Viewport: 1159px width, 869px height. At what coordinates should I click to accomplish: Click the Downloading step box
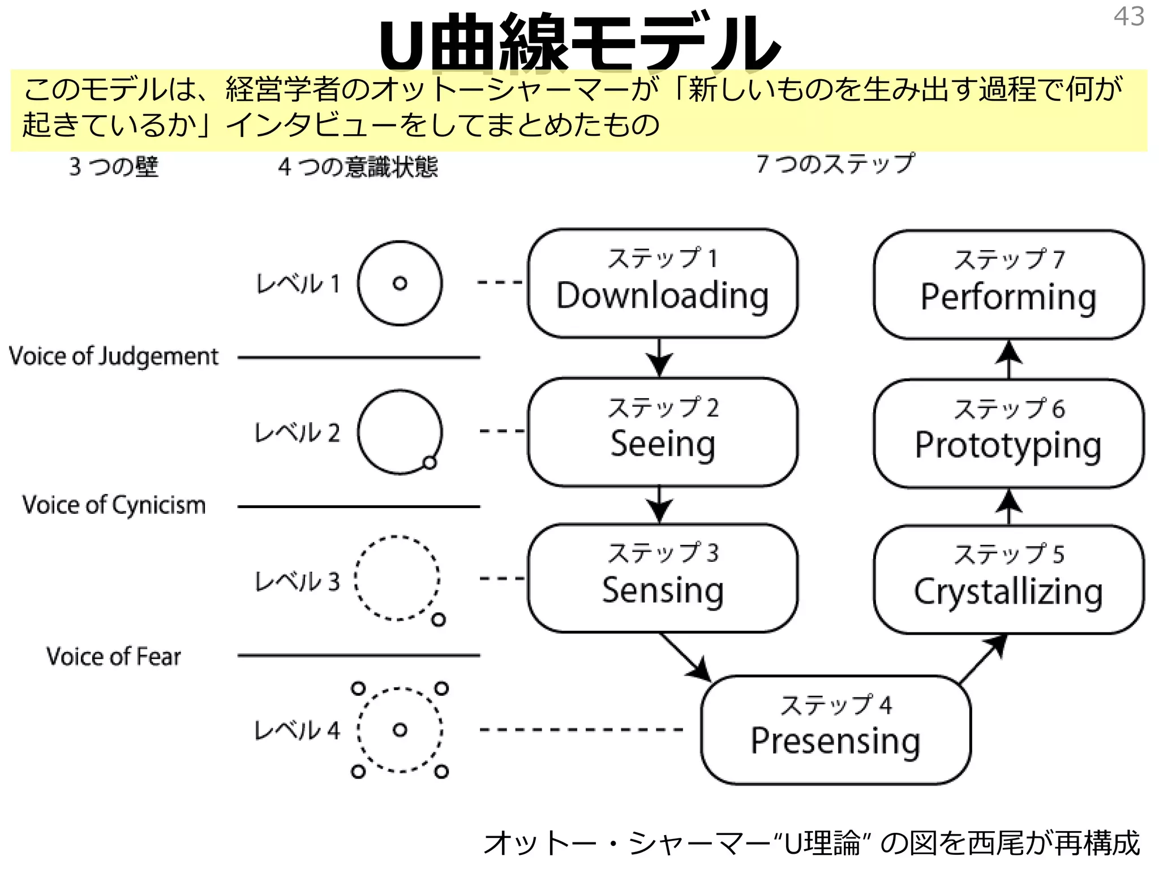pos(663,283)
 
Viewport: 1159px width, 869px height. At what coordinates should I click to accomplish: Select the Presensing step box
pos(835,729)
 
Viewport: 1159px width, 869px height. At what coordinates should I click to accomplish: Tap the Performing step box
pos(1008,284)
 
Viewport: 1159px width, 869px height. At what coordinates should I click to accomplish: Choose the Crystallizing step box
pos(1008,579)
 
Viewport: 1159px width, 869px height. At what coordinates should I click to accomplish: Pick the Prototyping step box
pos(1008,433)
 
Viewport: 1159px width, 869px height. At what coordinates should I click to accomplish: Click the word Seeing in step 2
pos(663,444)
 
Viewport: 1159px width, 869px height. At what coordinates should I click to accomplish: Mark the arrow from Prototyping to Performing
pos(1008,359)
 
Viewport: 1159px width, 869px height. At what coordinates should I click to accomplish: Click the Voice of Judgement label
pos(114,357)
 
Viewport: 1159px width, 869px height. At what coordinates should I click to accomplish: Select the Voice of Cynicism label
pos(114,505)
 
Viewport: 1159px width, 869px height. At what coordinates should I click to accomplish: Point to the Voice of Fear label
pos(114,657)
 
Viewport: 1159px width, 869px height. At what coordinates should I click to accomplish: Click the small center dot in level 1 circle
pos(400,283)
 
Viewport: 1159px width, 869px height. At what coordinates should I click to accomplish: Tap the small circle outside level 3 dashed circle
pos(439,620)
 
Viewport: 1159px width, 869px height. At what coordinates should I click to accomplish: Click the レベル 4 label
pos(297,730)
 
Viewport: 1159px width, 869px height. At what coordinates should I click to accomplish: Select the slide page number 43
pos(1128,16)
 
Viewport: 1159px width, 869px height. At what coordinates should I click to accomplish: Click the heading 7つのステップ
pos(835,164)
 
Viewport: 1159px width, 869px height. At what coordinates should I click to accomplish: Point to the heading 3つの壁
pos(114,167)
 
